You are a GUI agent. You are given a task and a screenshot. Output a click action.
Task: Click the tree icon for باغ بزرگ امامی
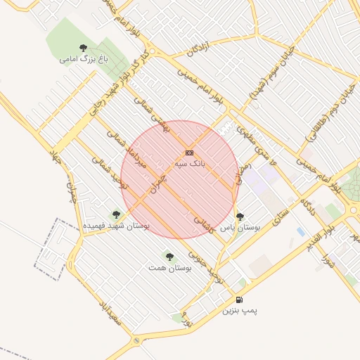click(84, 48)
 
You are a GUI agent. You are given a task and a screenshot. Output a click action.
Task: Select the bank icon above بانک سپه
click(189, 153)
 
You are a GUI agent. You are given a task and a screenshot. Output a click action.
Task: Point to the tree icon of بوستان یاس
click(240, 217)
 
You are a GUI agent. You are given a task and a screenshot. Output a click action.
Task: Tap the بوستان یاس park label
click(240, 228)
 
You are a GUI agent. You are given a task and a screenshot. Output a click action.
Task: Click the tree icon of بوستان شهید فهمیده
click(116, 214)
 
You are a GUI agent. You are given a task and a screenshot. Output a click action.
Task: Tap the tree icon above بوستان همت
click(169, 257)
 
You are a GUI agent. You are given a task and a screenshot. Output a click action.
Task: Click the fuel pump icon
click(240, 300)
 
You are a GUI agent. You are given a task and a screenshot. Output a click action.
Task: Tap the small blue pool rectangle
click(301, 231)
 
